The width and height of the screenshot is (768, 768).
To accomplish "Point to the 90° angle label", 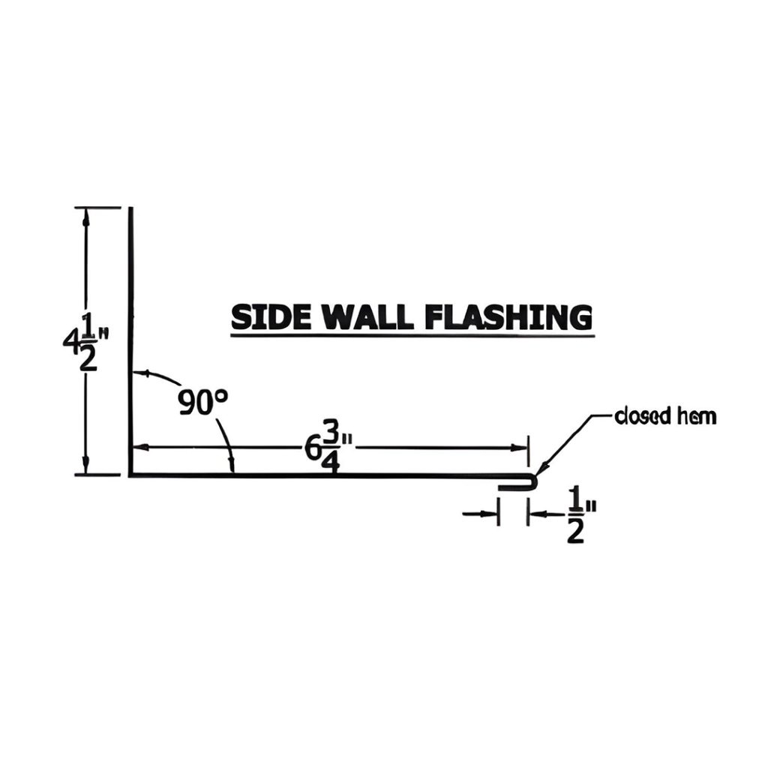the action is pos(202,403).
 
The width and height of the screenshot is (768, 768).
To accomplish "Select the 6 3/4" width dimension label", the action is pos(322,448).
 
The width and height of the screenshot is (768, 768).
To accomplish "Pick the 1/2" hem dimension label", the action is pos(576,514).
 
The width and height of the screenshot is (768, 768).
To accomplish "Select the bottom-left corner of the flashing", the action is pos(130,474).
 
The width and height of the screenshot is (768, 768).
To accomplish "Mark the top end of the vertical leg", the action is pos(130,208).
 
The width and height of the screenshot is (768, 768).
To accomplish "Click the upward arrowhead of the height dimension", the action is pos(86,215).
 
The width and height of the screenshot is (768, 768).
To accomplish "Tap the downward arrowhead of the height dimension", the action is pos(86,467).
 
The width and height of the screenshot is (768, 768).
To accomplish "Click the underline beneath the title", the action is pos(412,336).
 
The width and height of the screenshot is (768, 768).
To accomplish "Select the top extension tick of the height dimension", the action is pos(97,207).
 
